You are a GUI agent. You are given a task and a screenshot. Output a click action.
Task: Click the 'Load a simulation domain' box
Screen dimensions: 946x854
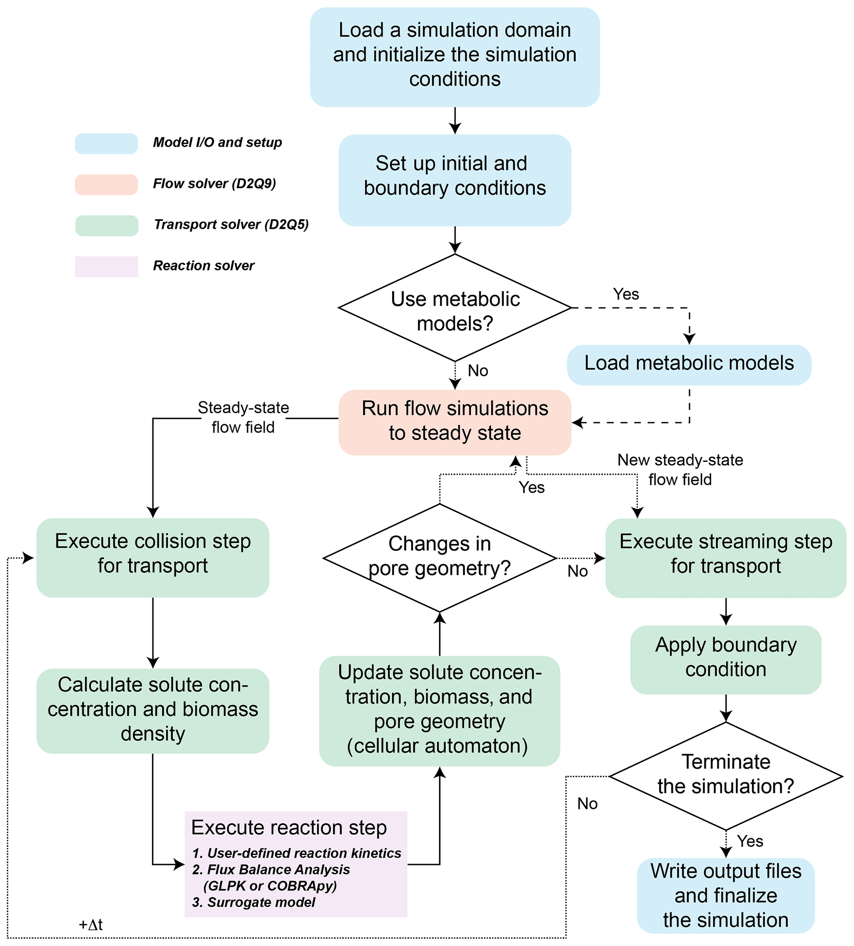[454, 57]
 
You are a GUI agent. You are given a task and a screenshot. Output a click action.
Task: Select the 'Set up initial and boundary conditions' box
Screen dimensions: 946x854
[454, 180]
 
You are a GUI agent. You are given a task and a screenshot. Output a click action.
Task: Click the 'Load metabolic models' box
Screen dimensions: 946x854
[688, 364]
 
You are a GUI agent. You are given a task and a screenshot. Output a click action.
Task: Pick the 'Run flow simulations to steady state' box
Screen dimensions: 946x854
[454, 421]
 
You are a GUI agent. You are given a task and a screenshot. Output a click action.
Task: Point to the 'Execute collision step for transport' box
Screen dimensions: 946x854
[152, 557]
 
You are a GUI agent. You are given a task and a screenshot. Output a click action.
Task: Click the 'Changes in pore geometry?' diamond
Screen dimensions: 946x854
[440, 557]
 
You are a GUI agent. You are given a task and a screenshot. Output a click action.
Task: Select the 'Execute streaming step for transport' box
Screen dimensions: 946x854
[725, 557]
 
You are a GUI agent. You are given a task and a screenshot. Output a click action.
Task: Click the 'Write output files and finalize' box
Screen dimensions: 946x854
[725, 895]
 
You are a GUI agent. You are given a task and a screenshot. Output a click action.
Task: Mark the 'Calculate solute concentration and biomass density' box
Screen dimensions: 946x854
[152, 710]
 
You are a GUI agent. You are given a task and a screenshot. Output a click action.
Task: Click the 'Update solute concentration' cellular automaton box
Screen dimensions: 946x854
[440, 710]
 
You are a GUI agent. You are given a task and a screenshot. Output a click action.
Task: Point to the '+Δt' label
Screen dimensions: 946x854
[90, 924]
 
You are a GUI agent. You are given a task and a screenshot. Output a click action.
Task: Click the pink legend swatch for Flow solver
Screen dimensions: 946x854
[107, 184]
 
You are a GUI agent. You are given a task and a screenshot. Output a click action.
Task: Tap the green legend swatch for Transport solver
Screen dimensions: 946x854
[107, 225]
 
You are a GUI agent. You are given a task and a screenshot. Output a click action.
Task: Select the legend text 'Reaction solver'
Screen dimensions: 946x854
[204, 265]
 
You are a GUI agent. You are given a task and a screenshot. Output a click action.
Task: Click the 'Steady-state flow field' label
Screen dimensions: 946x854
[243, 417]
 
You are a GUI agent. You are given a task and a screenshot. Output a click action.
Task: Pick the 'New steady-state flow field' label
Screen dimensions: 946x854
[680, 469]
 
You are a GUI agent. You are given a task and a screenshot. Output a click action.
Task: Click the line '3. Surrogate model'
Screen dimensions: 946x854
[254, 902]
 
